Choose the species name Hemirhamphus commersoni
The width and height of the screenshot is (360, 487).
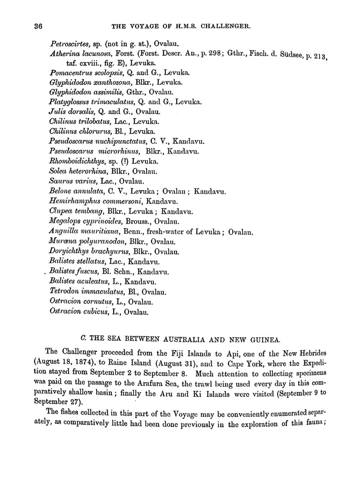tap(96, 201)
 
